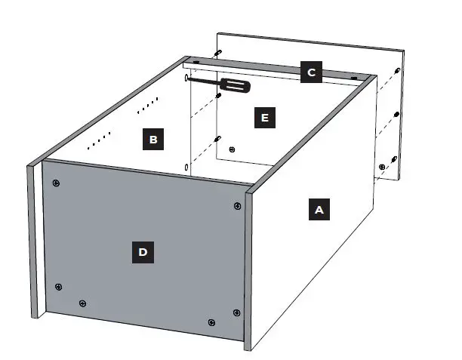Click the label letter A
pos(319,210)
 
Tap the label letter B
pos(153,139)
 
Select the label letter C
pos(310,72)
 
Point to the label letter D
pos(143,252)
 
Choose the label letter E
pos(263,118)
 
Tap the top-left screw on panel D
pos(57,183)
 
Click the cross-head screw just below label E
pos(232,148)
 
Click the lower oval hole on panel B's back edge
pos(186,167)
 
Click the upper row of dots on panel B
pos(149,105)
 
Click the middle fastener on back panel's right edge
pos(396,115)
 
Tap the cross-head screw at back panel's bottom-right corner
pos(383,166)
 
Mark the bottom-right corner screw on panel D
pos(236,312)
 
